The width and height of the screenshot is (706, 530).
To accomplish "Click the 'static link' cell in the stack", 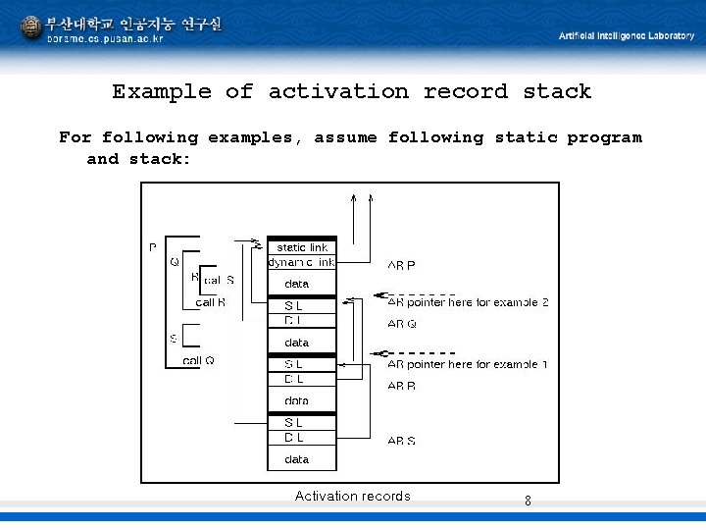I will (302, 247).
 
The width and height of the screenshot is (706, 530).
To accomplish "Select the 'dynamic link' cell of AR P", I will (302, 262).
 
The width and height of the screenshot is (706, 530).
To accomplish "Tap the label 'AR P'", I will (401, 265).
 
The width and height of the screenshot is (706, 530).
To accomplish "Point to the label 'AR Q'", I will (401, 324).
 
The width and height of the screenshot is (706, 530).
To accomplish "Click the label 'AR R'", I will (401, 387).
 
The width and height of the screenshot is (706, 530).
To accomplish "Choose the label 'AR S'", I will (401, 442).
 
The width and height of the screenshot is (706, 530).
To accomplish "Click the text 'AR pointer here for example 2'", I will (468, 302).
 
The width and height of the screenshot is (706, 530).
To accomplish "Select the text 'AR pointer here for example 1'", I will (468, 364).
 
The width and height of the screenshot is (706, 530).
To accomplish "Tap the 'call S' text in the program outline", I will (218, 281).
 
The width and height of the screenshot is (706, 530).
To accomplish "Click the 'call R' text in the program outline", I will (211, 302).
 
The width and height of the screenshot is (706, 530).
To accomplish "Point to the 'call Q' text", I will (199, 360).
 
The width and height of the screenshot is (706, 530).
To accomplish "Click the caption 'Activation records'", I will (353, 496).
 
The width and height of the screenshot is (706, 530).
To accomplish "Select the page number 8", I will (528, 501).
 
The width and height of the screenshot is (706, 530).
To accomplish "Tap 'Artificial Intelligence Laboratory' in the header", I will (626, 35).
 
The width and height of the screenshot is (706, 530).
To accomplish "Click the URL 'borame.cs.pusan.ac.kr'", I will (106, 39).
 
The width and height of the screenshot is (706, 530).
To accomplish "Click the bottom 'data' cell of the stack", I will (296, 459).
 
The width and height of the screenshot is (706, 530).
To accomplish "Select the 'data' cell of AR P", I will (296, 284).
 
